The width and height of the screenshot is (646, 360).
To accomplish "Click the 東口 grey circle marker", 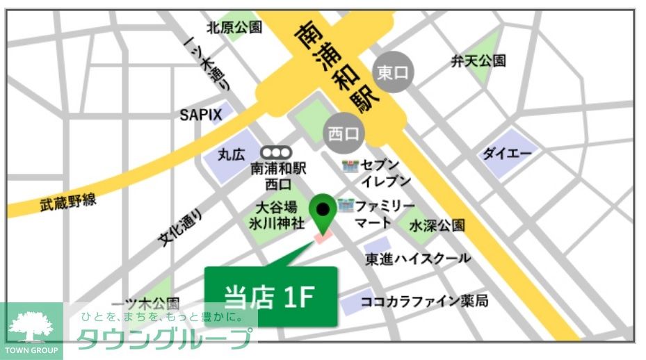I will click(x=394, y=72).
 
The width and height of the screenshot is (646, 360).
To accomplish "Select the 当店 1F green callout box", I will click(x=270, y=297).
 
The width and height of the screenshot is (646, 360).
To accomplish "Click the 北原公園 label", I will click(x=234, y=28).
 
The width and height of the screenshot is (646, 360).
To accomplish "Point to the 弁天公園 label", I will click(x=478, y=60).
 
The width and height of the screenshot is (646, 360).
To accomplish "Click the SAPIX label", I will click(x=201, y=115).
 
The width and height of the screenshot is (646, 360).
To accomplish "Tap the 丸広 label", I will click(x=232, y=154).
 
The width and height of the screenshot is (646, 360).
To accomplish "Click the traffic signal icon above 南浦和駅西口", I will click(x=276, y=152).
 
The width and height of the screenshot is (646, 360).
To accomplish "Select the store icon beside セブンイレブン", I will click(x=350, y=166).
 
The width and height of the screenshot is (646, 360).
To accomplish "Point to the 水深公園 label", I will click(x=437, y=226).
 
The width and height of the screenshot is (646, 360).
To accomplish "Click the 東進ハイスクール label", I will click(x=418, y=259).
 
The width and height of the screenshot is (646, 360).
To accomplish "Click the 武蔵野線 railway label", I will click(x=67, y=202).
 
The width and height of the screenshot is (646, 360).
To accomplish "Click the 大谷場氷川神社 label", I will click(x=277, y=215).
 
